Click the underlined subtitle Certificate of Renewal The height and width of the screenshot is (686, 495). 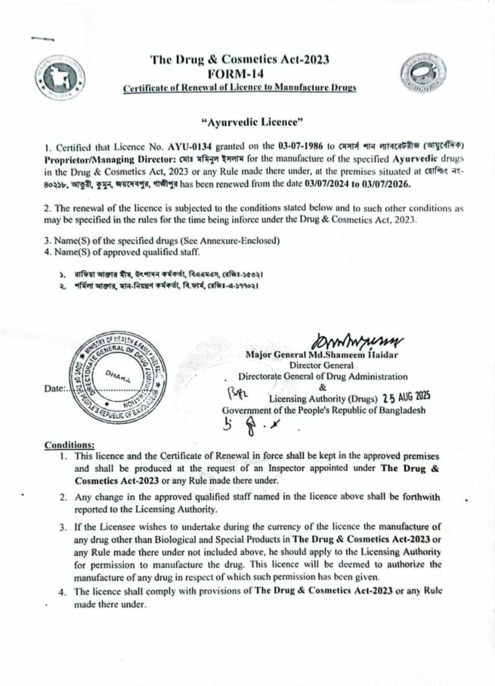[240, 88]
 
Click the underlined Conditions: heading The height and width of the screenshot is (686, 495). [70, 444]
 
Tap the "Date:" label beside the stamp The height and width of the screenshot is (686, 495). [56, 389]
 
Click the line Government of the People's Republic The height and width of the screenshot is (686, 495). [324, 411]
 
